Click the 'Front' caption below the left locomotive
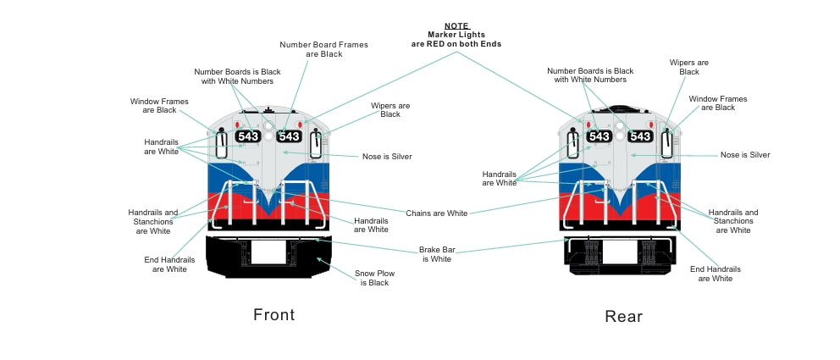pos(274,315)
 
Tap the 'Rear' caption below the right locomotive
pos(623,317)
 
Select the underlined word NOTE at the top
pos(457,25)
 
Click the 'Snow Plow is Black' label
pos(374,278)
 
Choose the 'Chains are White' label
pos(436,213)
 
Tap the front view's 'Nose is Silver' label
pos(387,157)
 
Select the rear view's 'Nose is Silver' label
pos(745,155)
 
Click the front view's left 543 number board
pos(248,136)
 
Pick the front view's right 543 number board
pos(290,136)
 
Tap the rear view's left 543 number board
pos(599,136)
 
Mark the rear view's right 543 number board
pos(640,136)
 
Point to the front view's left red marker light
pos(229,124)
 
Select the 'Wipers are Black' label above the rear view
pos(689,67)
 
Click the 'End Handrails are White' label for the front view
pos(169,264)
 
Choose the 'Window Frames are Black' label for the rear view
pos(718,103)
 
